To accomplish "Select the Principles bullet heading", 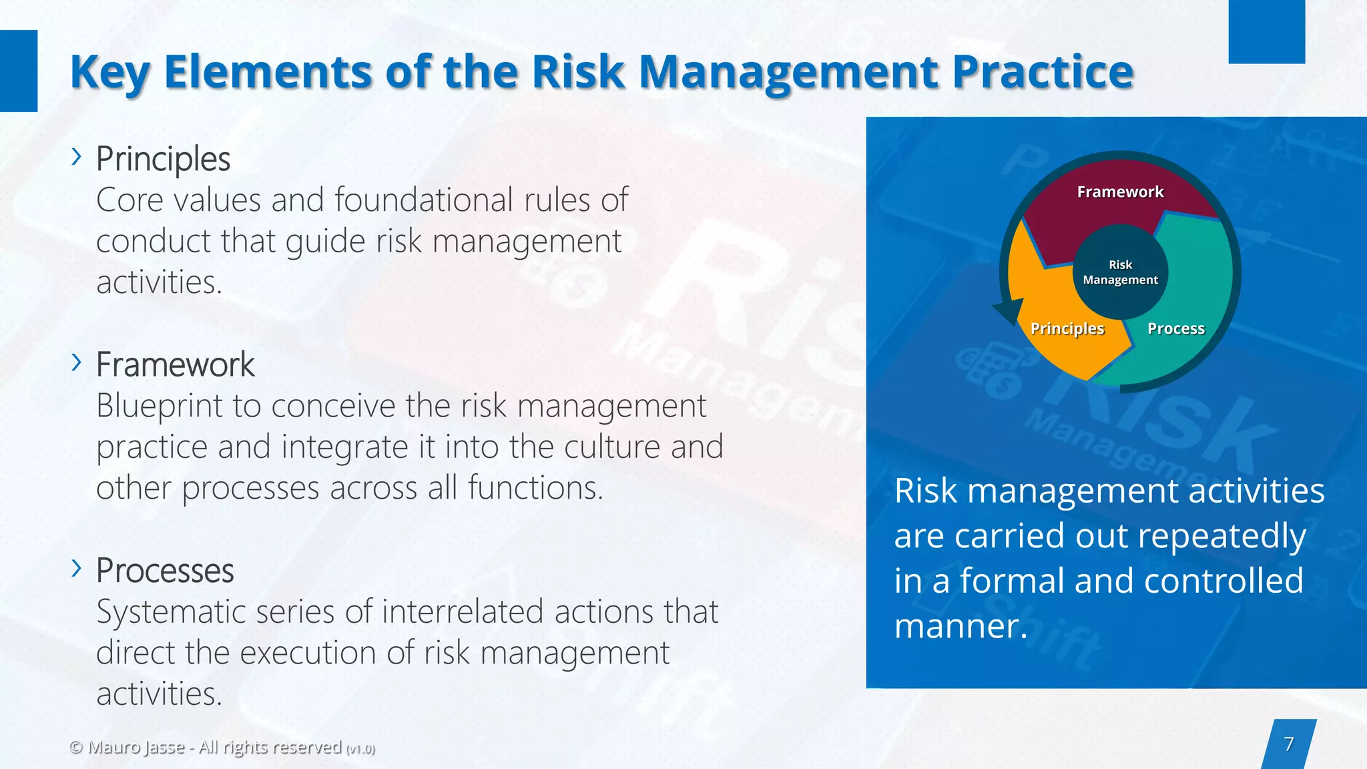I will coord(163,159).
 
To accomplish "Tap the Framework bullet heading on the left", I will coord(175,364).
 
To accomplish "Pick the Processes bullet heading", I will coord(165,571).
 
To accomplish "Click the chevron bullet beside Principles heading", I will coord(77,157).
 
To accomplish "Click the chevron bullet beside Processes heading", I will coord(77,568).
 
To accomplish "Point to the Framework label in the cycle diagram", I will coord(1120,192).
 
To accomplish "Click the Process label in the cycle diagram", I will coord(1175,328).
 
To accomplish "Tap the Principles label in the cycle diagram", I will coord(1067,328).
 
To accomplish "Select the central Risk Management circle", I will coord(1120,272).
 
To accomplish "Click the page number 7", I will coord(1289,744).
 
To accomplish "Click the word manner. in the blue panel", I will coord(961,627).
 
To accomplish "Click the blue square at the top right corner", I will coord(1266,31).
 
